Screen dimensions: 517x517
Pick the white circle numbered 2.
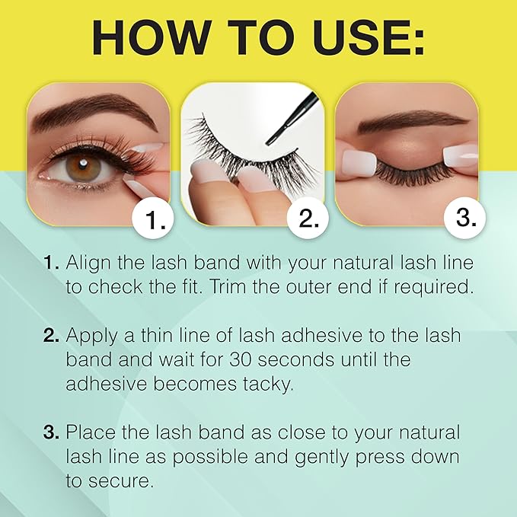(308, 220)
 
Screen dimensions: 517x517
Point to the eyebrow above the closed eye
(415, 120)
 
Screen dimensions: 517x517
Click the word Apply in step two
(91, 336)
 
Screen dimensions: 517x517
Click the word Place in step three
(91, 433)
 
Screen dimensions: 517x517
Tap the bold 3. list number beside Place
(51, 433)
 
